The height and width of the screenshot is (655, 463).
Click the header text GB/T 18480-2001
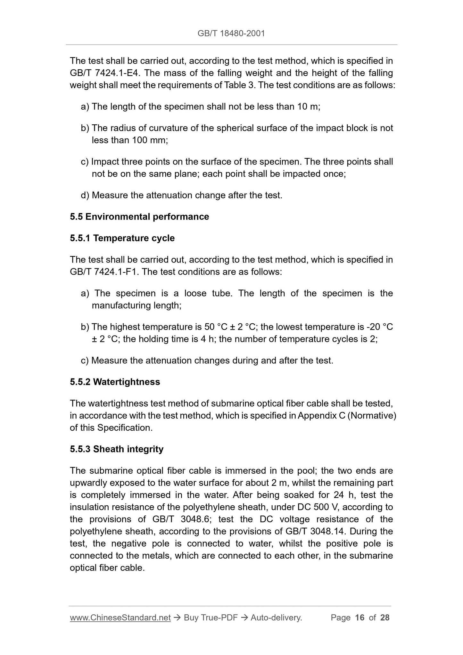[231, 33]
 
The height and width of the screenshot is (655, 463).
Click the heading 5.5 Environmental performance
[139, 217]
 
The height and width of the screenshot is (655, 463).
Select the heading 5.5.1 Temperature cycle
[122, 238]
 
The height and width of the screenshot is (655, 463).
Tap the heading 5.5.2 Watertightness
[115, 382]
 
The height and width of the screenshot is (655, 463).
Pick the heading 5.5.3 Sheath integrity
[117, 449]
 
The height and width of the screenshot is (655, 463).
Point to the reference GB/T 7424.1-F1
[104, 272]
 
